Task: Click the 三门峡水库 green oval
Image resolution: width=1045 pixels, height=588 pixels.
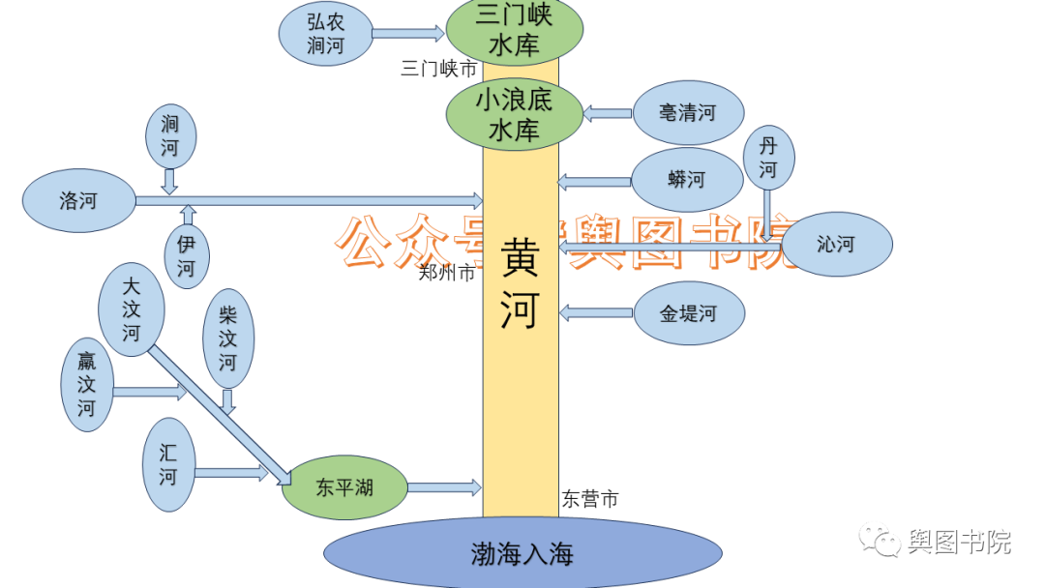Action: point(514,30)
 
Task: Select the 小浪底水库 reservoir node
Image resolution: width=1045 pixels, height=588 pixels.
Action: point(514,114)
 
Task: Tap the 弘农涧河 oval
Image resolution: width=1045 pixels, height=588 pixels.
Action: point(325,34)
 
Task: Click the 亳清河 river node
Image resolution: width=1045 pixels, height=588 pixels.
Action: point(687,113)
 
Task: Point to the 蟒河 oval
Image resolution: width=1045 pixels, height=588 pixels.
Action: point(686,180)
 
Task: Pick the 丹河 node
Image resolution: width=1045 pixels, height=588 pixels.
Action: point(768,158)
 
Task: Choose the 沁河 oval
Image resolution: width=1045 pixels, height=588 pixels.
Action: point(836,245)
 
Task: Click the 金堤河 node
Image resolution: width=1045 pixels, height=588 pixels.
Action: point(689,313)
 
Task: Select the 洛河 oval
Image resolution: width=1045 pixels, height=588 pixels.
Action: point(78,201)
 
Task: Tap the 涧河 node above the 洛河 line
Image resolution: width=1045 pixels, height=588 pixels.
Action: point(170,136)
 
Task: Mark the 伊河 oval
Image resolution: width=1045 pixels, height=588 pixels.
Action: point(186,256)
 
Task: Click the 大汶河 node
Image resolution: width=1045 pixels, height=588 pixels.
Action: point(132,309)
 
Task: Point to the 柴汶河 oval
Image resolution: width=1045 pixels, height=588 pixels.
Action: point(227,338)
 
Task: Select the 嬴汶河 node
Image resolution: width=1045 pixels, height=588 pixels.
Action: point(87,385)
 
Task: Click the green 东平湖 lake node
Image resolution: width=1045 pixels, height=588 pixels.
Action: point(344,487)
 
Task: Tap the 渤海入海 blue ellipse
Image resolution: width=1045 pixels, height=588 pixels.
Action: point(522,554)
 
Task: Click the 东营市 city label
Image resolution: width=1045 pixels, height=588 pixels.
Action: point(590,500)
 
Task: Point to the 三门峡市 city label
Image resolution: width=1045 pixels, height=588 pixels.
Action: point(439,70)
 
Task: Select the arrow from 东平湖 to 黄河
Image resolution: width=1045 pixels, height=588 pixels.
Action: point(444,486)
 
